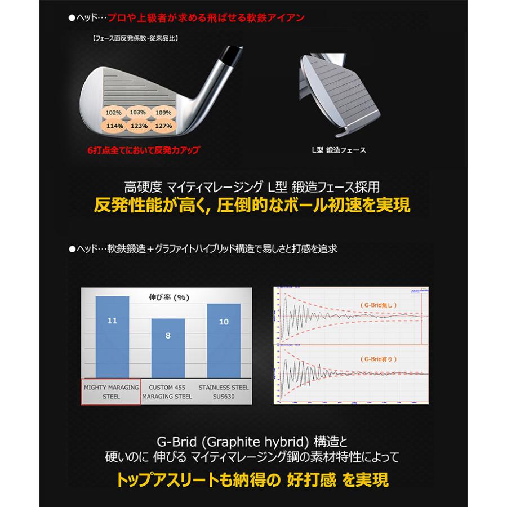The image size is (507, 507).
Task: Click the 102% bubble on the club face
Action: (113, 113)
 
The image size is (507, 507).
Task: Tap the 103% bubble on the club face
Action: (138, 113)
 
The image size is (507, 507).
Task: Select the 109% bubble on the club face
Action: (163, 113)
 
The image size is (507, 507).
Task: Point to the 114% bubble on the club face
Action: (114, 126)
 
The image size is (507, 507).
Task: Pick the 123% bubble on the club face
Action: (139, 126)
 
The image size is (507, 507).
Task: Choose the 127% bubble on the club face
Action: (163, 126)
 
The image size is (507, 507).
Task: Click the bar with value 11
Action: (112, 337)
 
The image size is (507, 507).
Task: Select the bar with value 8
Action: (168, 348)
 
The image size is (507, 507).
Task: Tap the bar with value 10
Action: (224, 340)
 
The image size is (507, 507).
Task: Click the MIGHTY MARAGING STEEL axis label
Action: (112, 392)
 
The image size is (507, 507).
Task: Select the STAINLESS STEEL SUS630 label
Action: (224, 392)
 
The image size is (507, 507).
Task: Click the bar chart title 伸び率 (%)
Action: (168, 297)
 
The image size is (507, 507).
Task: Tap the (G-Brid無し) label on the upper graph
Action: (379, 305)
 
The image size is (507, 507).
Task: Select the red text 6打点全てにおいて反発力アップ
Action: (144, 150)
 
